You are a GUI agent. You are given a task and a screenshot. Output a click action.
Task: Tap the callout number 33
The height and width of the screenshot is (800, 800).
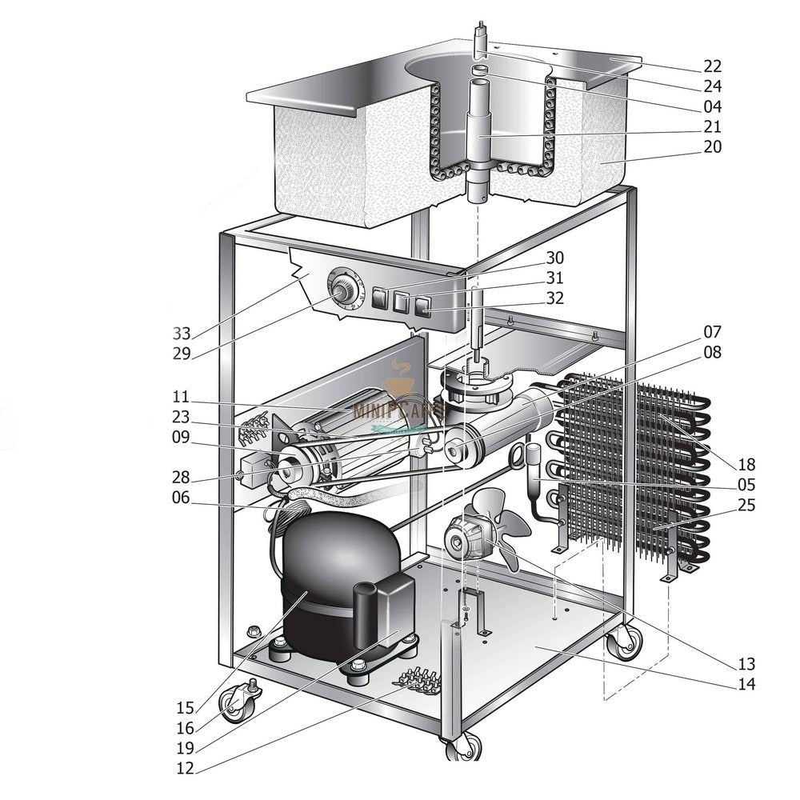(182, 333)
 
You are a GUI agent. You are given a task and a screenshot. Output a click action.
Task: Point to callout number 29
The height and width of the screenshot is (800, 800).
(182, 354)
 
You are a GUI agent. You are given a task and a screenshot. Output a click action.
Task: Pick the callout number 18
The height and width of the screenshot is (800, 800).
(746, 464)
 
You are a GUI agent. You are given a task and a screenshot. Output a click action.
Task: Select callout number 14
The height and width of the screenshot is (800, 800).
(746, 684)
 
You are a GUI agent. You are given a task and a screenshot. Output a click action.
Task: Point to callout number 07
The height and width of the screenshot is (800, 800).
(713, 331)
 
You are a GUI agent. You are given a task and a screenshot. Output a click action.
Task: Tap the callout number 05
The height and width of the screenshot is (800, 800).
(746, 485)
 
